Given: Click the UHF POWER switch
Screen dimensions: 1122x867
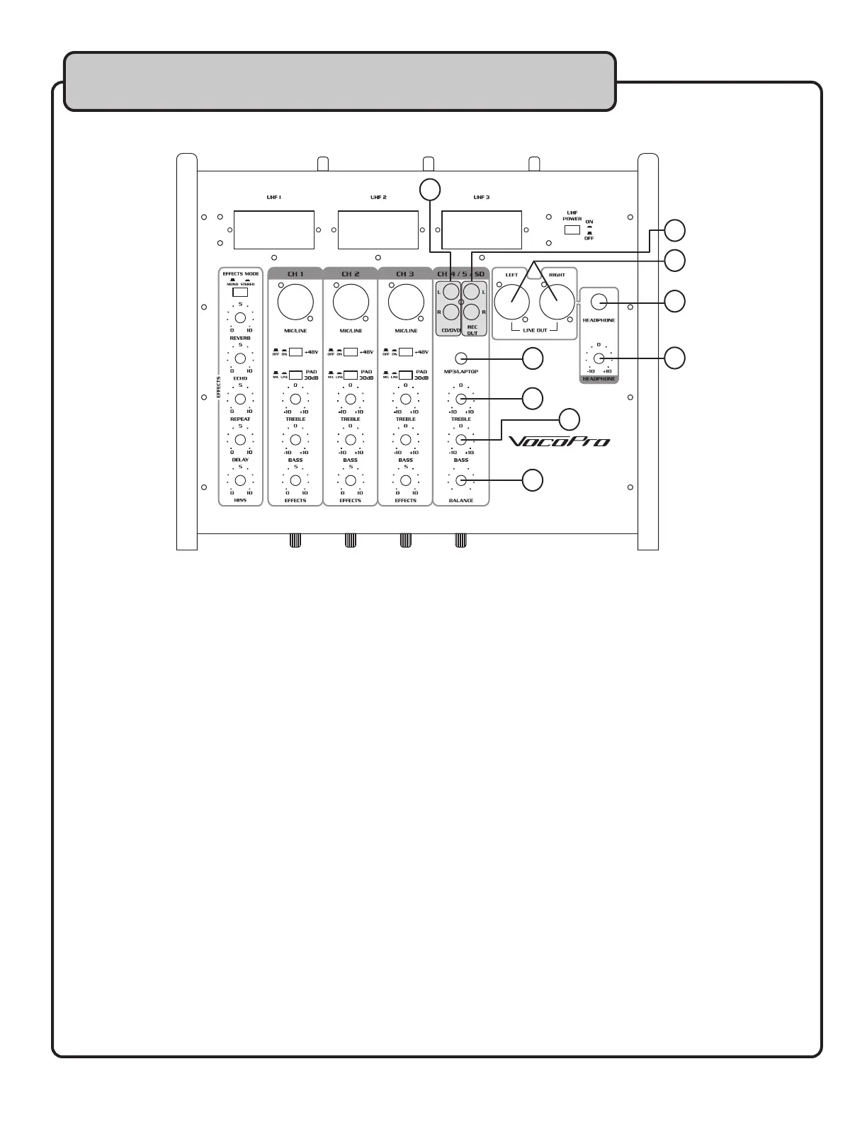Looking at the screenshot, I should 572,229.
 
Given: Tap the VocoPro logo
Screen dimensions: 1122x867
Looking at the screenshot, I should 560,441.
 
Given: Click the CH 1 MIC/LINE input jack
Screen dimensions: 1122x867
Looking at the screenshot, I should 295,302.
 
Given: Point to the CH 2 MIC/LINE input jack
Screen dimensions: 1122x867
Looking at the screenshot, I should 351,302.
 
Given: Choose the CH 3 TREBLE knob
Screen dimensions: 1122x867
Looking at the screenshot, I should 406,399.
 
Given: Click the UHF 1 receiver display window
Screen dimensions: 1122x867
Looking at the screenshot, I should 274,229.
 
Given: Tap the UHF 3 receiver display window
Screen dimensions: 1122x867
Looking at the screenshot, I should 482,229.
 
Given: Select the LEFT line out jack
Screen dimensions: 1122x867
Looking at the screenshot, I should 511,303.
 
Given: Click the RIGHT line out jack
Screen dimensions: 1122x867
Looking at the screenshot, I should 557,303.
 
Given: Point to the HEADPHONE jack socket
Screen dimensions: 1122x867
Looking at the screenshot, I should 599,302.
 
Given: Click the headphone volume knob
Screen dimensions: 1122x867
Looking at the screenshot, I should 599,358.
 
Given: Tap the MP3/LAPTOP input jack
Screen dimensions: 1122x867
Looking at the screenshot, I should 461,358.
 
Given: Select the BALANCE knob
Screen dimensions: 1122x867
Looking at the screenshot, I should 461,481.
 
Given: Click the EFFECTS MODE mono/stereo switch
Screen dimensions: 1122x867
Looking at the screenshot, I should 240,292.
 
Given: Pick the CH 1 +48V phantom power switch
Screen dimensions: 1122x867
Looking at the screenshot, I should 295,352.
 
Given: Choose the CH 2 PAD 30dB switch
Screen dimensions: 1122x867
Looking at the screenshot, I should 351,375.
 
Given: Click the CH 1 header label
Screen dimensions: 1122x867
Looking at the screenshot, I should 295,273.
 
